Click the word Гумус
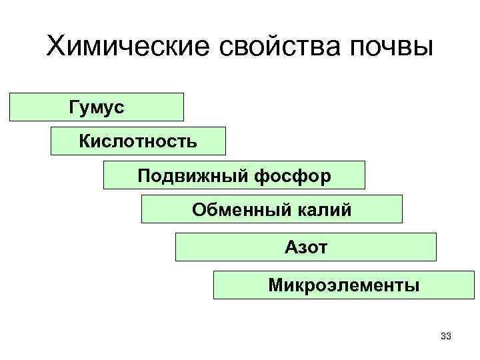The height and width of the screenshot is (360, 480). [x=96, y=107]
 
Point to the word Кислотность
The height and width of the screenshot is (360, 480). [x=138, y=141]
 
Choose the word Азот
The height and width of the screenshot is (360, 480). [x=306, y=247]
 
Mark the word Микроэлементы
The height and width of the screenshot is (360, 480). [x=344, y=286]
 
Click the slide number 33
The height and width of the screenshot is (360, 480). [x=447, y=335]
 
